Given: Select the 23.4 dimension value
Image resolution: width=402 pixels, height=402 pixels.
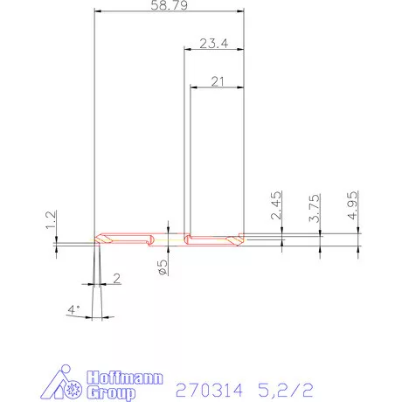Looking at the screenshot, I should pos(213,44).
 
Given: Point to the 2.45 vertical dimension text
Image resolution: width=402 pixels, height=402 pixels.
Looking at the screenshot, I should pos(276,205).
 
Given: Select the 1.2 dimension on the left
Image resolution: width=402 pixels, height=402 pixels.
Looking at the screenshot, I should pos(52,218).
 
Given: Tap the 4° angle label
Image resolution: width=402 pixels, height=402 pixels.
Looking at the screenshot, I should pos(73,308).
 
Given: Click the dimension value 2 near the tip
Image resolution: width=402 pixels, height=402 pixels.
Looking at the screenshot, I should pos(117,279).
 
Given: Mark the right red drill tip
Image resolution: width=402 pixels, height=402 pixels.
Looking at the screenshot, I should pos(234,237).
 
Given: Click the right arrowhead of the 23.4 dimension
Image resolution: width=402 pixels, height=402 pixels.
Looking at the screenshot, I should pos(242,51).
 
